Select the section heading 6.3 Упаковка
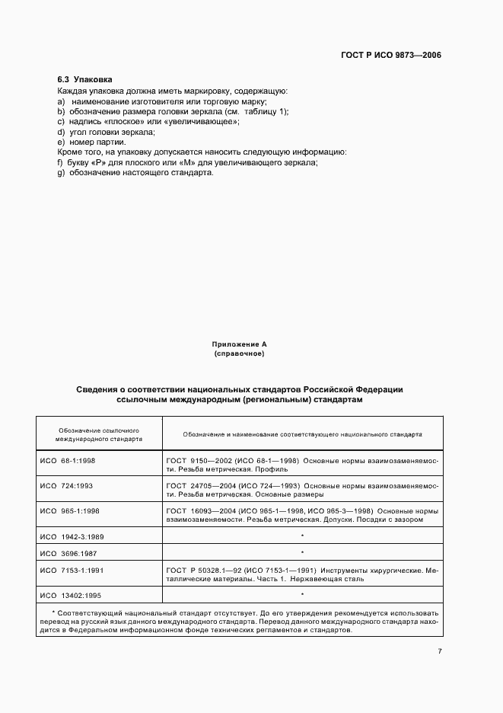pyautogui.click(x=85, y=79)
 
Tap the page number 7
pyautogui.click(x=440, y=650)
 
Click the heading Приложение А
pyautogui.click(x=239, y=345)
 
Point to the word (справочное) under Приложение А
pyautogui.click(x=239, y=354)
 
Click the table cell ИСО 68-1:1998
pyautogui.click(x=68, y=461)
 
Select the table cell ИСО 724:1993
pyautogui.click(x=67, y=484)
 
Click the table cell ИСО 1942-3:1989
pyautogui.click(x=72, y=536)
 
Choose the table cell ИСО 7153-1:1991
pyautogui.click(x=72, y=569)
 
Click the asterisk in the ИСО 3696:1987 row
pyautogui.click(x=302, y=552)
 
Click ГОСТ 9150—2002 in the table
pyautogui.click(x=196, y=461)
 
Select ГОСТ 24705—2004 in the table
pyautogui.click(x=199, y=484)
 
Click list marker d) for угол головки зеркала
pyautogui.click(x=61, y=132)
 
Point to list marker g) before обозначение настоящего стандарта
pyautogui.click(x=61, y=172)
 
